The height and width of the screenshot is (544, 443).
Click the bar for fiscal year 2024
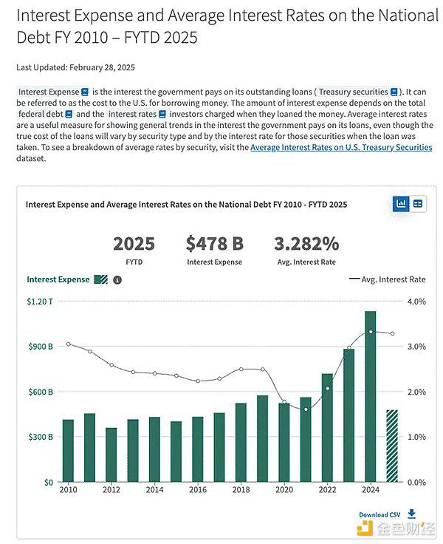[370, 397]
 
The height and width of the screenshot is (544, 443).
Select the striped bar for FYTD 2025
[392, 446]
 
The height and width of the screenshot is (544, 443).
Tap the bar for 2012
[111, 455]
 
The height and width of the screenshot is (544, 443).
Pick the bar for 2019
[262, 439]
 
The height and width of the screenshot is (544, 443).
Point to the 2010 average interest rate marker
[68, 344]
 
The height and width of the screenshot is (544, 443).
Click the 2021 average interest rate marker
[306, 409]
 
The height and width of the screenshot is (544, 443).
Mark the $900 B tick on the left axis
[41, 346]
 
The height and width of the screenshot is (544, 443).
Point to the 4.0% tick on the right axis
[416, 302]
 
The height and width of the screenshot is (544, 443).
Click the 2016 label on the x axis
[198, 489]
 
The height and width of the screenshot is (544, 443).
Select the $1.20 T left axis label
[40, 302]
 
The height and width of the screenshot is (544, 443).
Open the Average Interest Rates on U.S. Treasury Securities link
[341, 147]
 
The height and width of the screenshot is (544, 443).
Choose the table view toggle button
[418, 204]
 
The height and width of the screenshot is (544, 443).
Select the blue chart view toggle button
[401, 204]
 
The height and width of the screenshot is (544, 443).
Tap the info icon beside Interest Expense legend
[117, 280]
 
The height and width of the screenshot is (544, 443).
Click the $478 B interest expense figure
[215, 244]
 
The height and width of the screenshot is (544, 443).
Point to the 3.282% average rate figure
[306, 244]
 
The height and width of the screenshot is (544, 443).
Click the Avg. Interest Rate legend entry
[387, 279]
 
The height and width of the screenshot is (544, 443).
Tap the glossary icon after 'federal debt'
[69, 114]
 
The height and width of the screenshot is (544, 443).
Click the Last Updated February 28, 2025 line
[75, 67]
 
